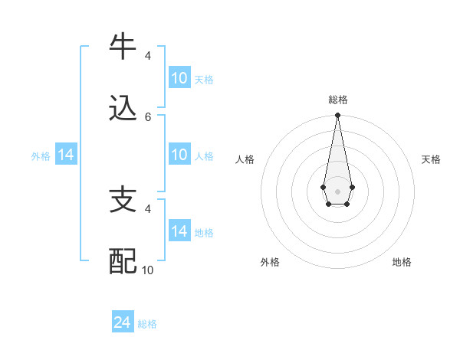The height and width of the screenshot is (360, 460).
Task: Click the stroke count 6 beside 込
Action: click(x=148, y=116)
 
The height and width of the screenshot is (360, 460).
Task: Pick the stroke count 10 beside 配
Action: click(x=148, y=270)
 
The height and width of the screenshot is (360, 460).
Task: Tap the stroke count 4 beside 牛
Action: click(x=148, y=55)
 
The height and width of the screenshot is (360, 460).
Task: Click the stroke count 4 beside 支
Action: click(x=148, y=208)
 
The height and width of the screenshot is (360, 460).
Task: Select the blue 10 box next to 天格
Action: click(x=179, y=78)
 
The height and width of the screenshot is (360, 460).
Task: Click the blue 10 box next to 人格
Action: click(x=179, y=155)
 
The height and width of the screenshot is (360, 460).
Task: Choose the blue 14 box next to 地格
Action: click(x=179, y=231)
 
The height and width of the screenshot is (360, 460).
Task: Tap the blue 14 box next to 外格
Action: click(x=66, y=155)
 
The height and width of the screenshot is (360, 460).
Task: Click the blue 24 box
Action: click(x=123, y=323)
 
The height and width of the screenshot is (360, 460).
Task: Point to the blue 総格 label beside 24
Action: click(x=147, y=324)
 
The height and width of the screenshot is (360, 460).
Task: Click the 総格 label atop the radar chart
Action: click(x=337, y=100)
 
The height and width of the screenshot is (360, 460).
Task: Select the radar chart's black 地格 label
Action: click(x=402, y=262)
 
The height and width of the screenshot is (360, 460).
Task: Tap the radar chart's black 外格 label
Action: click(x=270, y=262)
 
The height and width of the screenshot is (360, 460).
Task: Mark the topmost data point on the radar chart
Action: click(x=337, y=116)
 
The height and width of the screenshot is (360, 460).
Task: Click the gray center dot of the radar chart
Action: click(x=337, y=191)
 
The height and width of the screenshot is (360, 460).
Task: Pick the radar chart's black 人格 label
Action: click(x=245, y=159)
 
